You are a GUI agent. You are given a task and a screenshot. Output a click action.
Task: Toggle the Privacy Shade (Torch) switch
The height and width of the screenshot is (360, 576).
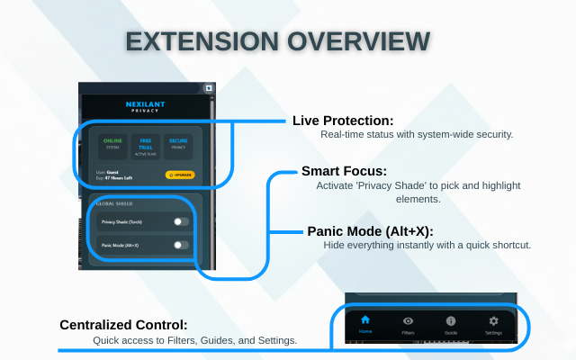(x=182, y=220)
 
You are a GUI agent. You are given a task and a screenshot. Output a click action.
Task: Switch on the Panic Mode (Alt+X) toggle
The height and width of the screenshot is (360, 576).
(x=182, y=244)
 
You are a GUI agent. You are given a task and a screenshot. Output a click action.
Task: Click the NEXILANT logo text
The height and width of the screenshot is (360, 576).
(x=146, y=105)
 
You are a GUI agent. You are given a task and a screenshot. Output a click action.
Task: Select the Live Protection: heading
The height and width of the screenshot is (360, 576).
(x=344, y=121)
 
